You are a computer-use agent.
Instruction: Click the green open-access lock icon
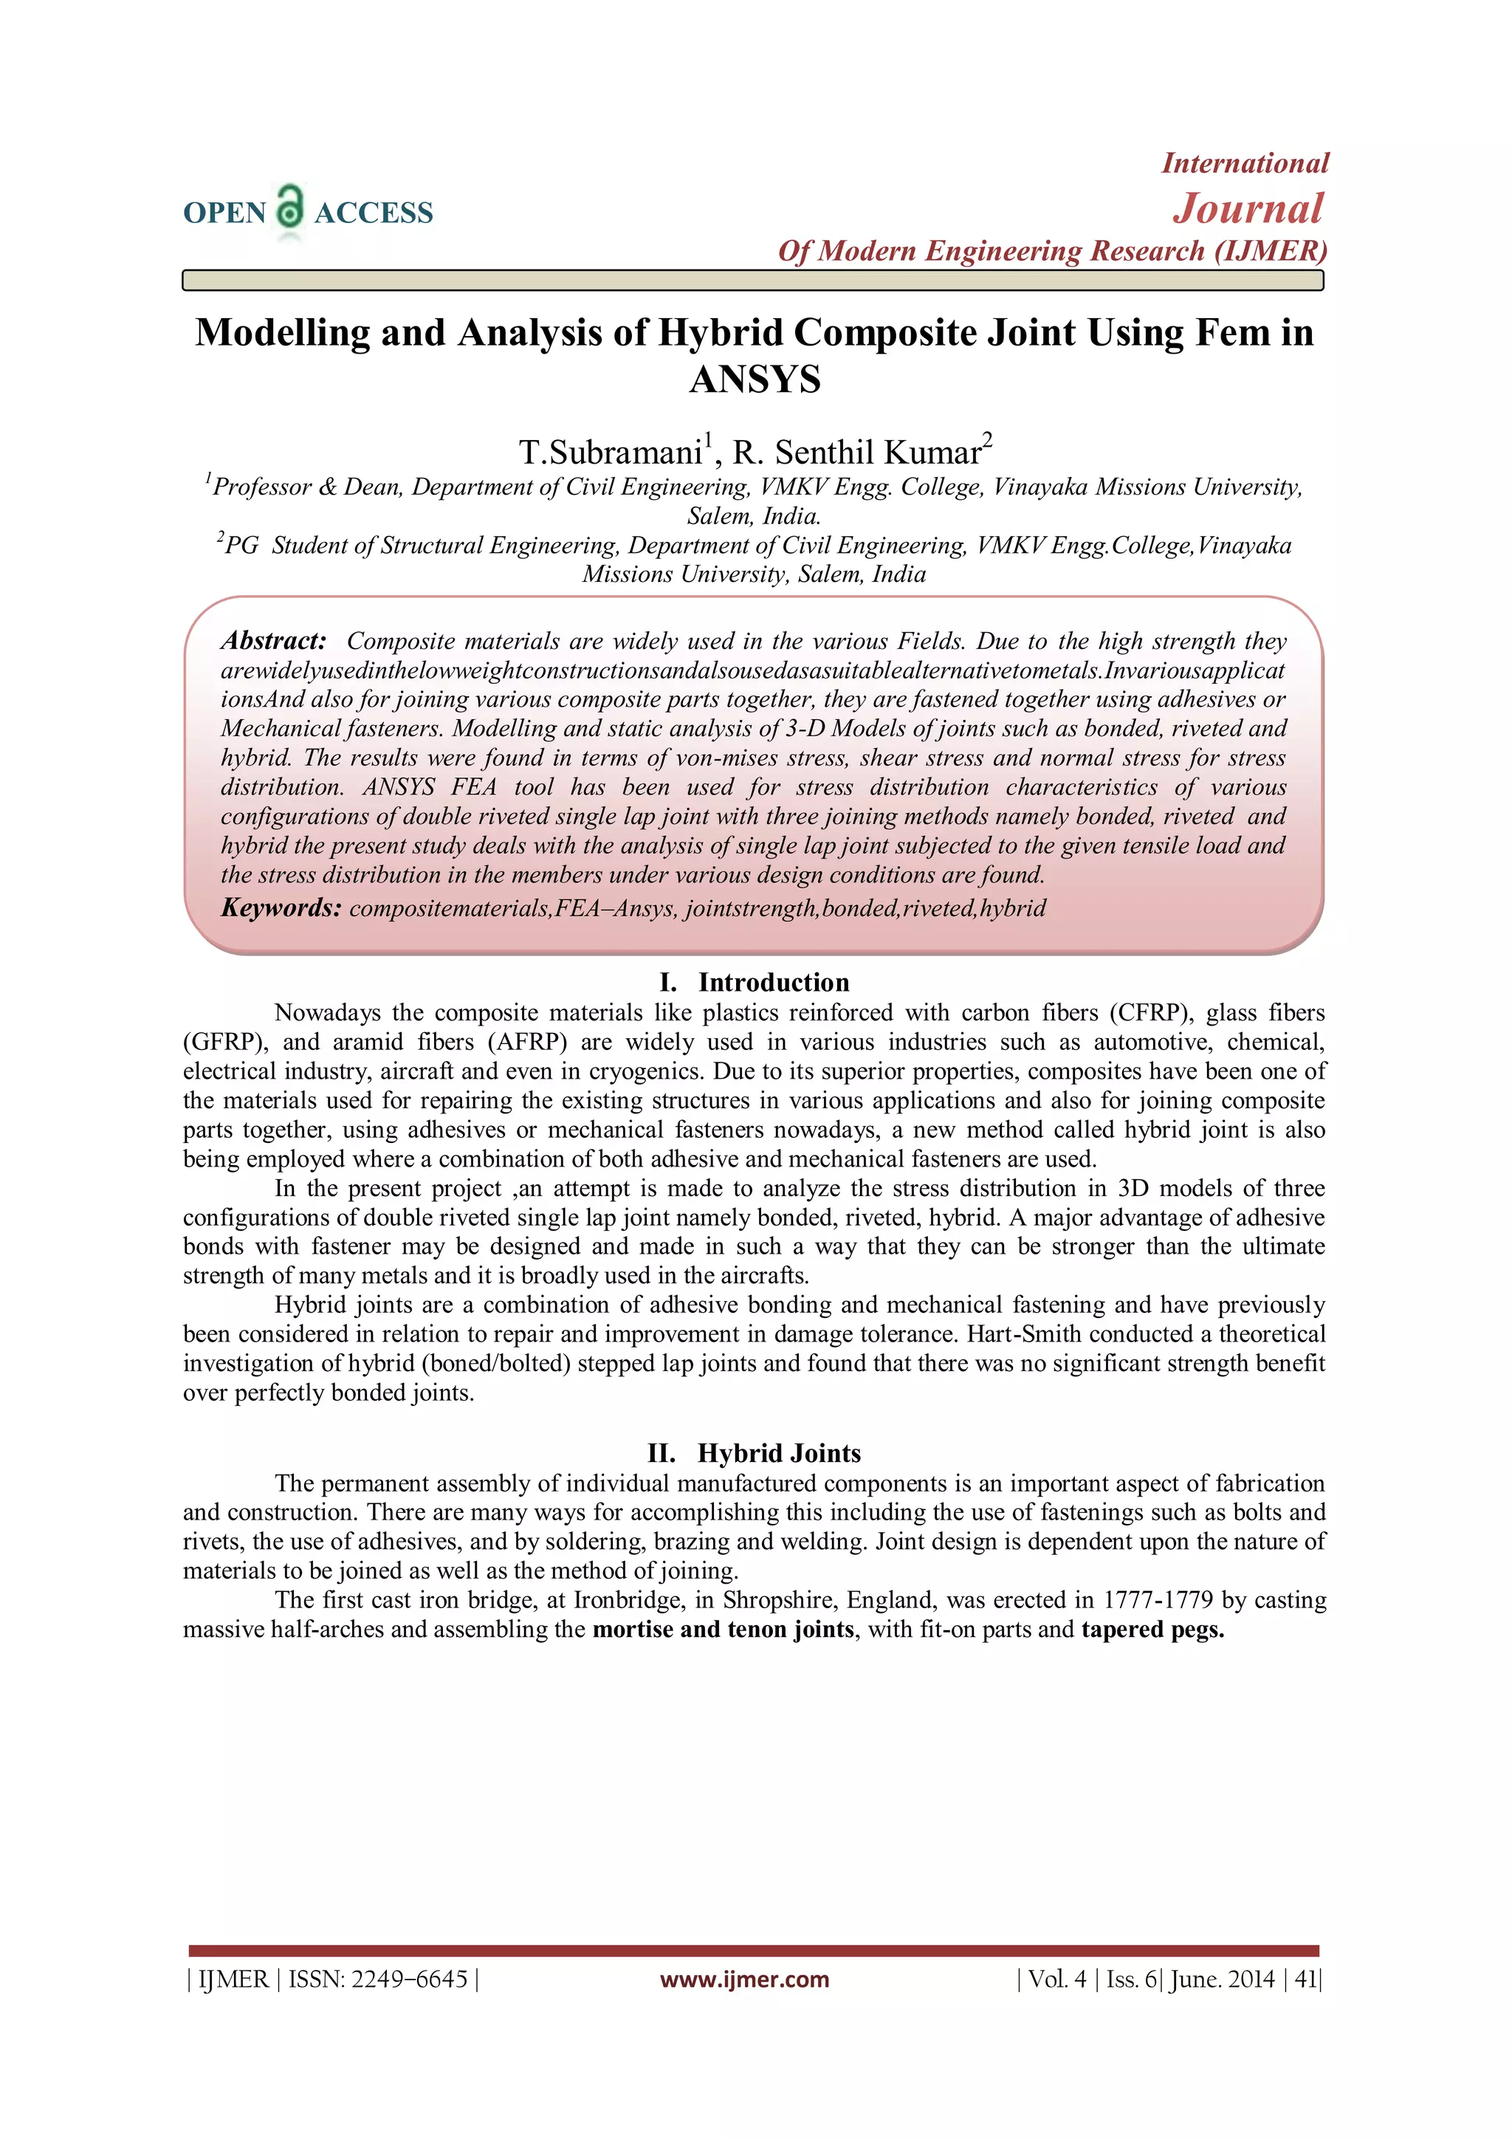click(291, 207)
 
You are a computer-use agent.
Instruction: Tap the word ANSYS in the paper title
click(755, 380)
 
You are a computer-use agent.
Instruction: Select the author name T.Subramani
click(611, 453)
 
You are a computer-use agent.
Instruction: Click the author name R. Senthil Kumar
click(857, 453)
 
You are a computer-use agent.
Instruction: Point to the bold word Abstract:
click(274, 641)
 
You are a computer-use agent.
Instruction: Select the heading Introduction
click(773, 983)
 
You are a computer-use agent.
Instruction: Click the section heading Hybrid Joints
click(779, 1453)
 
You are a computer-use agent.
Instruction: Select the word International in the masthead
click(1245, 163)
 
